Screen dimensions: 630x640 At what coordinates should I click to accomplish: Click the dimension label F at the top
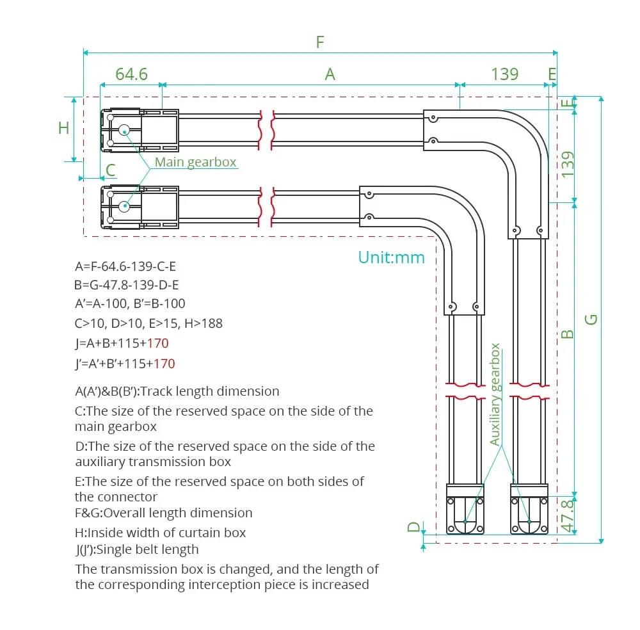click(x=320, y=43)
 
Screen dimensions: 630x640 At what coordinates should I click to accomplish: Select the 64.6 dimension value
click(x=131, y=74)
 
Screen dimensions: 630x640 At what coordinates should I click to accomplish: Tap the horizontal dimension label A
click(x=330, y=74)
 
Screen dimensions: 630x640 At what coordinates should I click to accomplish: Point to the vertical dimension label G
click(x=592, y=318)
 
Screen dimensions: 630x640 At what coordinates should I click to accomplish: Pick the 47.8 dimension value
click(x=567, y=515)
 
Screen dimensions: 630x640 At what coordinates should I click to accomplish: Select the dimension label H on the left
click(x=63, y=128)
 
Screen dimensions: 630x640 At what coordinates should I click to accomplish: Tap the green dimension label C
click(x=111, y=170)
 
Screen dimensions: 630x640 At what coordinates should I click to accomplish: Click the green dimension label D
click(x=415, y=527)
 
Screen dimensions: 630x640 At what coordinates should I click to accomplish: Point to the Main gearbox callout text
click(x=195, y=163)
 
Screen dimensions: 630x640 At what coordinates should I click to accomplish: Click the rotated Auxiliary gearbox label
click(x=495, y=394)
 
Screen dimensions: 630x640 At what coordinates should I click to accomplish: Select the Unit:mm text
click(x=391, y=257)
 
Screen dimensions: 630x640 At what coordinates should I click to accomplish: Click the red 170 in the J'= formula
click(x=164, y=364)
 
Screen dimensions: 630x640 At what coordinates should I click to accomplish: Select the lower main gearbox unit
click(x=139, y=207)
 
